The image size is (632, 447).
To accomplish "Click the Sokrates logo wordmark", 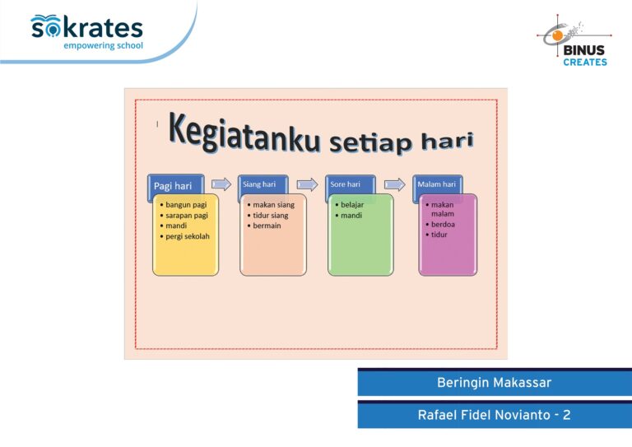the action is click(86, 27).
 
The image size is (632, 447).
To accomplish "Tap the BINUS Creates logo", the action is click(574, 40).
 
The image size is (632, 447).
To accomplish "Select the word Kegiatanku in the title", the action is click(244, 133).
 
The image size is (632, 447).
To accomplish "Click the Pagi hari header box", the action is click(176, 185).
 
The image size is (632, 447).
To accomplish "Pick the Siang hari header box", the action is click(263, 184).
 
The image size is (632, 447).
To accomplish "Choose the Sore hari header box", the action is click(351, 184).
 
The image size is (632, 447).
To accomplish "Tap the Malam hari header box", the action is click(437, 184).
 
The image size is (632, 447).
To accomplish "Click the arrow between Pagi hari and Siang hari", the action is click(221, 184).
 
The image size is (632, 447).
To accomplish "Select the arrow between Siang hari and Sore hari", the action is click(307, 184).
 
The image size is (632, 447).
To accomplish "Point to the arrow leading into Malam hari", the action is click(395, 184).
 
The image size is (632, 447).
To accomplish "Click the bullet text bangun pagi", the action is click(186, 205).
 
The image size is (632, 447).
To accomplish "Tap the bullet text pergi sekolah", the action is click(188, 236).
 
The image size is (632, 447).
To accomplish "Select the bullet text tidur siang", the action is click(271, 215).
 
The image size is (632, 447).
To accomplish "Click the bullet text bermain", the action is click(267, 226).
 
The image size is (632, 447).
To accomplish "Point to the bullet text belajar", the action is click(352, 205).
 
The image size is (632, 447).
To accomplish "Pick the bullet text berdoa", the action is click(443, 224).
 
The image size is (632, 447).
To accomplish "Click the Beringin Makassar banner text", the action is click(494, 383).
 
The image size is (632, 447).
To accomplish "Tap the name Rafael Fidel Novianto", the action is click(484, 415).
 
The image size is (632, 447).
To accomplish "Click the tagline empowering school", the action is click(103, 45).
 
